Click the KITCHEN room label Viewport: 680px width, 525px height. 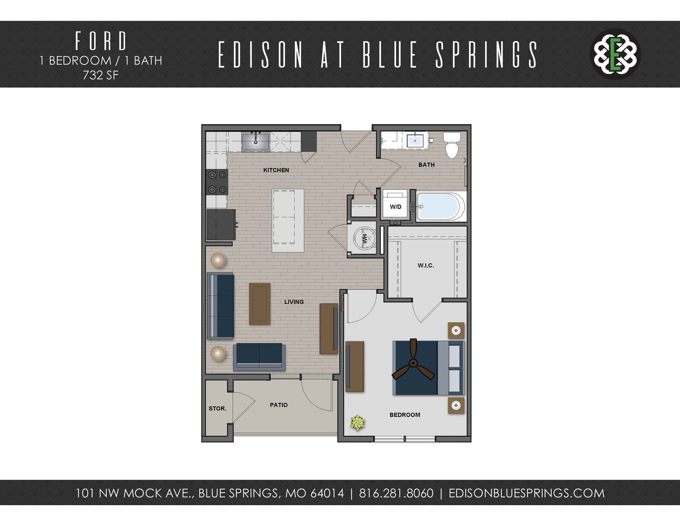pos(276,170)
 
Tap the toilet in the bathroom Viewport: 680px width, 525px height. pos(452,145)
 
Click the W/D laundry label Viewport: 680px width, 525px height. pos(396,207)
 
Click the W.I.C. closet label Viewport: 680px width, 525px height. pos(426,265)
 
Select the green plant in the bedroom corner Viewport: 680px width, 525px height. pos(357,423)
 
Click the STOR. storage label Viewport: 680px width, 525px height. pos(217,408)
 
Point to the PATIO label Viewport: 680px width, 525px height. pos(279,405)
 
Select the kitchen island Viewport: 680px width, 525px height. pos(288,220)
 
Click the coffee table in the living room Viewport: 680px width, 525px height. pos(260,304)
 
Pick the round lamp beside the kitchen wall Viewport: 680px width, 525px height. pos(217,260)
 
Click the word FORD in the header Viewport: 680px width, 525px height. pos(101,41)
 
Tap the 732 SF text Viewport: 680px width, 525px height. pos(101,75)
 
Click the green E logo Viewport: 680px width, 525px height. pos(616,54)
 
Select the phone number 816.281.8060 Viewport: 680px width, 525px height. pos(396,493)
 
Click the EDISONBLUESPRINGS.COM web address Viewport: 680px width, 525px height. pos(526,493)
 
